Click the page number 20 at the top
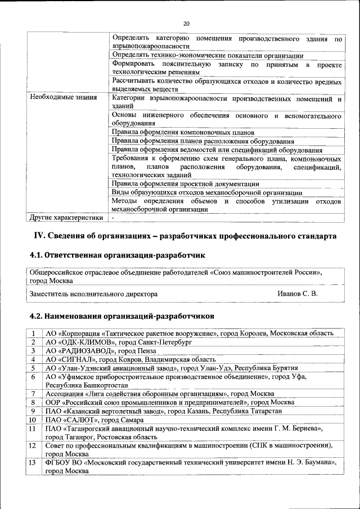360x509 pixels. (x=186, y=23)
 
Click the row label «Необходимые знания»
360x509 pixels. (x=62, y=98)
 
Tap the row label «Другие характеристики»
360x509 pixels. (x=66, y=217)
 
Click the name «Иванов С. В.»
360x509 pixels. (x=298, y=294)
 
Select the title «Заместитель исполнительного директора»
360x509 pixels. (x=93, y=294)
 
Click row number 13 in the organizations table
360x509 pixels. (x=34, y=462)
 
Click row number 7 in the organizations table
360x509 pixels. (x=34, y=394)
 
